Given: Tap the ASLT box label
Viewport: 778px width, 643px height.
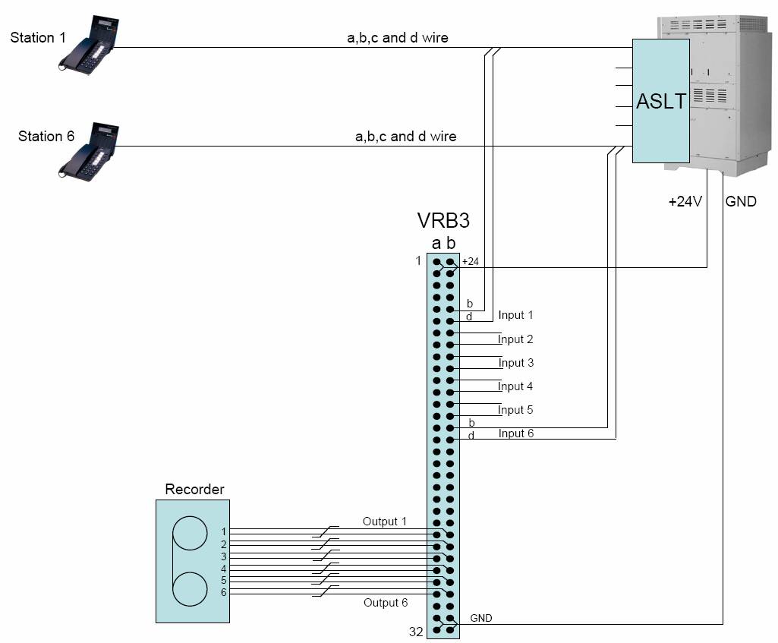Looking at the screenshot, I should [660, 102].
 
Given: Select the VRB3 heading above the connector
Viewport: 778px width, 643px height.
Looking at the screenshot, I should [443, 222].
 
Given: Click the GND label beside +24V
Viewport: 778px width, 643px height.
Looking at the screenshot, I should [741, 203].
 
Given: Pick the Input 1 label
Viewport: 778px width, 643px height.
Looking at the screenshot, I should [515, 315].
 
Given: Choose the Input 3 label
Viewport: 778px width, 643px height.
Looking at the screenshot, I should [515, 363].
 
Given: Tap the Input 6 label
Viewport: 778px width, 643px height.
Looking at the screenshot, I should [515, 433].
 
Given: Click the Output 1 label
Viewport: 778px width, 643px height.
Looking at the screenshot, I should [384, 522].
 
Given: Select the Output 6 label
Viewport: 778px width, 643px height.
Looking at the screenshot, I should [384, 603].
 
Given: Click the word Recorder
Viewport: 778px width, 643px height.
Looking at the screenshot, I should [194, 490].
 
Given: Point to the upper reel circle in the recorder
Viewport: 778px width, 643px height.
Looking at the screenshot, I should [190, 532].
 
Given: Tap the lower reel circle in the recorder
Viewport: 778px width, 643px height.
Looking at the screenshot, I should [190, 589].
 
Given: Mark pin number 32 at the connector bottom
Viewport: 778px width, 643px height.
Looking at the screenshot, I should [416, 632].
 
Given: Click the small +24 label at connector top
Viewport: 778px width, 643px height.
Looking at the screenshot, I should [471, 262].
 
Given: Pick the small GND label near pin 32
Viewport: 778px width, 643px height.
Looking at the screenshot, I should [481, 618].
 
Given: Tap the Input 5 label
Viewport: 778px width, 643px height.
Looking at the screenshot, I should [515, 410].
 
